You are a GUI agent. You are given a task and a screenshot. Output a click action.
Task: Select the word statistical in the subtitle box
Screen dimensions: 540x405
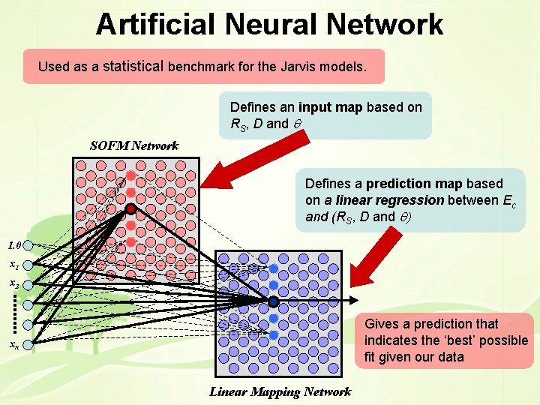133,66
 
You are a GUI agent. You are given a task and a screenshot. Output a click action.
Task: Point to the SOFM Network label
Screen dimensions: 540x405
134,145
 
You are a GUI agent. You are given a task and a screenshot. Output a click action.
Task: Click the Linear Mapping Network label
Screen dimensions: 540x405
280,391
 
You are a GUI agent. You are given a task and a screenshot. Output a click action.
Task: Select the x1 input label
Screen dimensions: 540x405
14,265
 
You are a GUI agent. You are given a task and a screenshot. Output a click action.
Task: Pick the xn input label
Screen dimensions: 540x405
14,345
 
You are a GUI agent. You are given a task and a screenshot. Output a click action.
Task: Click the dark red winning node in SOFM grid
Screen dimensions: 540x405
130,208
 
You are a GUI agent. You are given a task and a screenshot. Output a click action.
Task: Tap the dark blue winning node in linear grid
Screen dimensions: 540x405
274,301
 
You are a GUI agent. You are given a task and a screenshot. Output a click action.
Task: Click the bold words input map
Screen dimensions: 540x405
331,107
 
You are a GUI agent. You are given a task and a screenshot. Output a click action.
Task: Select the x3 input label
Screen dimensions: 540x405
14,284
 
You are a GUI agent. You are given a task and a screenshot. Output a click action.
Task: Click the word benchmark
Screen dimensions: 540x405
203,67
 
